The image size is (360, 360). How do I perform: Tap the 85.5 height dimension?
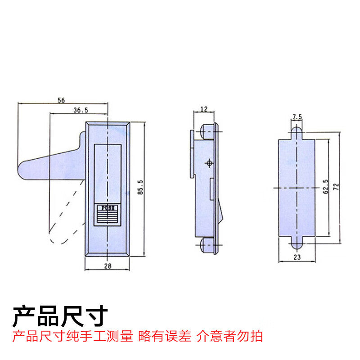click(140, 187)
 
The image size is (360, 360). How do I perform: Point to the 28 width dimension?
click(108, 266)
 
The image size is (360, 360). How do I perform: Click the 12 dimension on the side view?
click(204, 108)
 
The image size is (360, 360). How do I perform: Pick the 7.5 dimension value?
click(297, 117)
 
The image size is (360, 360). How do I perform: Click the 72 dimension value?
click(336, 186)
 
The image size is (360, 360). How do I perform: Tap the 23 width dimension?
click(297, 258)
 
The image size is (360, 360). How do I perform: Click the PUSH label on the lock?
click(108, 208)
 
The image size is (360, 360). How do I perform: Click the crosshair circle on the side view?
click(208, 162)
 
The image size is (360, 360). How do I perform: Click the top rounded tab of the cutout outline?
click(297, 132)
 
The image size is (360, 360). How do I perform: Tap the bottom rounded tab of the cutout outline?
click(297, 243)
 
